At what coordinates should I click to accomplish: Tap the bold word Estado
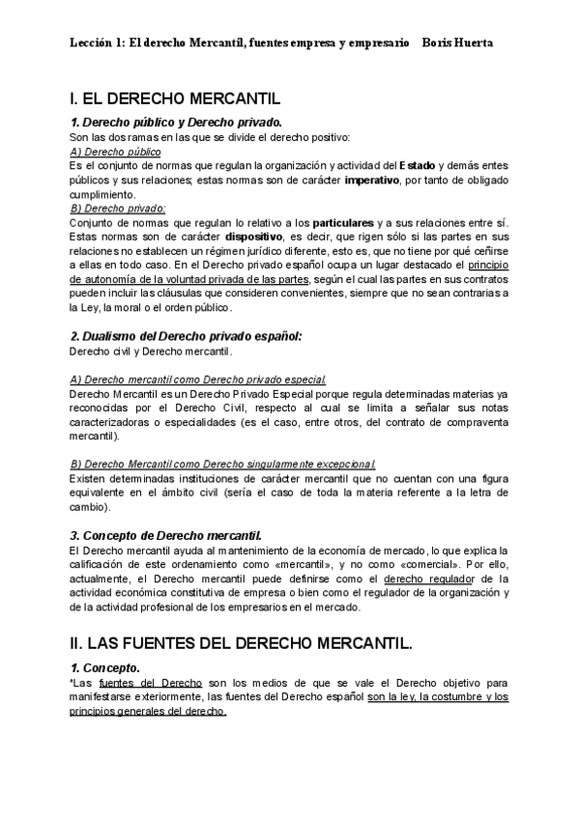[x=418, y=166]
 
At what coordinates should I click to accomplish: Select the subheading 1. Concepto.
[x=105, y=667]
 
